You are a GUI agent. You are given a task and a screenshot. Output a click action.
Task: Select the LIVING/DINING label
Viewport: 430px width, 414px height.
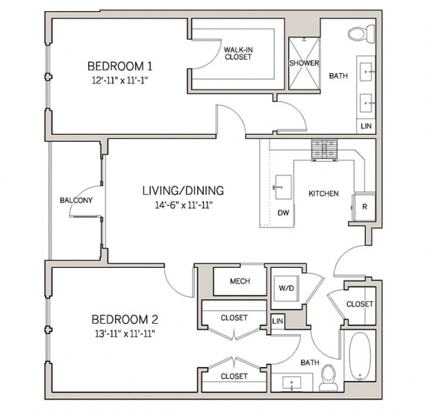(x=183, y=190)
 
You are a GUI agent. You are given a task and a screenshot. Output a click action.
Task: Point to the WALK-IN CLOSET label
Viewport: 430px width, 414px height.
(x=237, y=53)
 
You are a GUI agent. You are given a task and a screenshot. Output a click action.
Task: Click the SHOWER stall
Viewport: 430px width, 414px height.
(x=304, y=63)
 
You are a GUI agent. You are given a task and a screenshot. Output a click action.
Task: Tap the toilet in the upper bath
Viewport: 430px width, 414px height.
(x=359, y=34)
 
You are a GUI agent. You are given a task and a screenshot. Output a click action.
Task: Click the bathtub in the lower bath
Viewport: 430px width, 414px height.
(x=361, y=357)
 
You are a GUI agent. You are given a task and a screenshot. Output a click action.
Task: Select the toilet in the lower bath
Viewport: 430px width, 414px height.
(x=328, y=377)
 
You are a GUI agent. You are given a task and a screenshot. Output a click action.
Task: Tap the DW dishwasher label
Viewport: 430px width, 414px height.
(x=283, y=213)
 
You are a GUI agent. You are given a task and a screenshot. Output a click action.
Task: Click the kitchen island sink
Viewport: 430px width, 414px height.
(x=283, y=186)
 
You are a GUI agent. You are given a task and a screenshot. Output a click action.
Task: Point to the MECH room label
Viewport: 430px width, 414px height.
(x=240, y=282)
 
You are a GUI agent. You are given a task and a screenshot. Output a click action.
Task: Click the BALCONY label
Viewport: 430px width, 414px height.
(x=76, y=201)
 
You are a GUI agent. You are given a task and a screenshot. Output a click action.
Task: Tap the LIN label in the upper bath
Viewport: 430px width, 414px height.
(x=366, y=127)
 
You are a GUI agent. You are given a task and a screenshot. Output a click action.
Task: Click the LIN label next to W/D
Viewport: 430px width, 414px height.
(x=278, y=321)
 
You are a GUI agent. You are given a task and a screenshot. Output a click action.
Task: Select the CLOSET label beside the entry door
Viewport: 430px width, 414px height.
(x=359, y=304)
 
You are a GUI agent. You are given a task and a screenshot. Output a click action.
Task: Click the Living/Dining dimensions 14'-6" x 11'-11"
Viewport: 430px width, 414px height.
(x=182, y=204)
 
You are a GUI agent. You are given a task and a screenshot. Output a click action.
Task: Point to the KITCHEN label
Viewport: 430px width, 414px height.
(x=323, y=194)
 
